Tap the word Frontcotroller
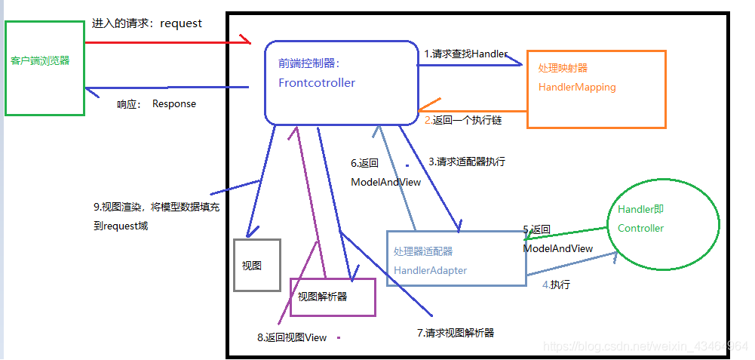point(317,83)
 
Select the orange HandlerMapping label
point(577,87)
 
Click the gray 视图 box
point(256,265)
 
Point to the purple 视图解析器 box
point(333,297)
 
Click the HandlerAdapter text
point(430,270)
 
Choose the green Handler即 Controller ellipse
point(663,223)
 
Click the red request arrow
point(173,43)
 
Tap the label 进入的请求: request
point(146,23)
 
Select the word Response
point(173,104)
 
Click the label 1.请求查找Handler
point(465,54)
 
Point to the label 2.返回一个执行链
point(463,120)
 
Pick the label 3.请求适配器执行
point(467,162)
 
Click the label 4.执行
point(556,285)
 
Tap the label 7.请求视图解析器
point(455,332)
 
